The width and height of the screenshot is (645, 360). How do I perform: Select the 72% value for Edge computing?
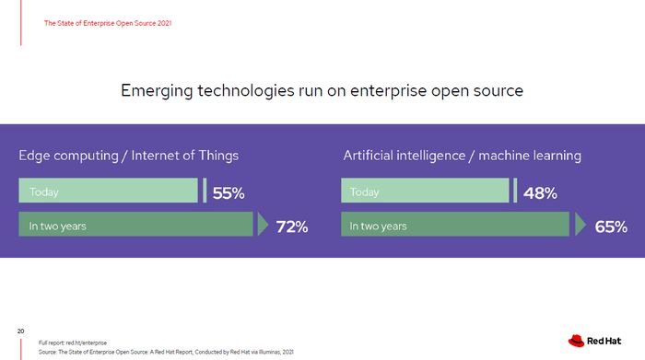coord(291,226)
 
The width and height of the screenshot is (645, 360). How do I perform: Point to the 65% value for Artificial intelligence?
coord(611,226)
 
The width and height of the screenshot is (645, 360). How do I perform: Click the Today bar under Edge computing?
coord(108,192)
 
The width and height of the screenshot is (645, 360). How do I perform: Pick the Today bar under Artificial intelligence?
coord(425,192)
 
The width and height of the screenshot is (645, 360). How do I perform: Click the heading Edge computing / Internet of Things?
coord(128,156)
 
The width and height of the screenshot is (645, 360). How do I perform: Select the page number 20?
coord(20,330)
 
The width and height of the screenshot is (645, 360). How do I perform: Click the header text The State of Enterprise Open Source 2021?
coord(108,23)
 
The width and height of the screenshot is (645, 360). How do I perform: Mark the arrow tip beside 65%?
coord(581,226)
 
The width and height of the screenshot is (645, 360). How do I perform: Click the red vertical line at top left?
coord(21,23)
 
